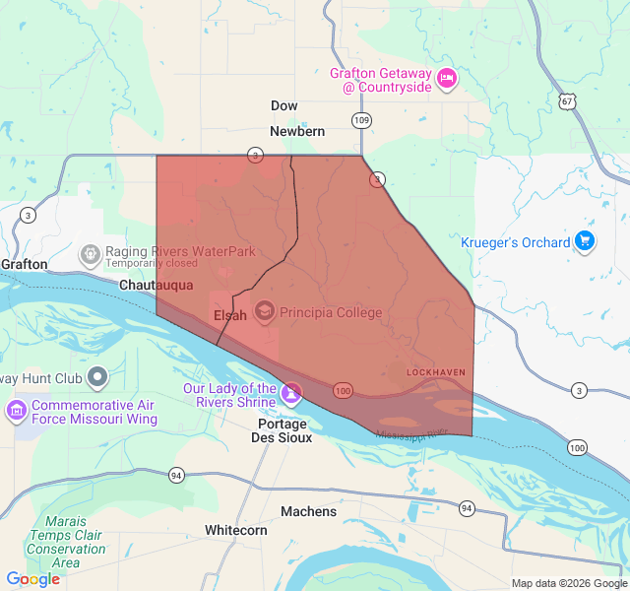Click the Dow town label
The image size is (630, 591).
click(x=283, y=105)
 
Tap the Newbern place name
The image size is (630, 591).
click(x=297, y=131)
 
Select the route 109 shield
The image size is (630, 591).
click(x=361, y=120)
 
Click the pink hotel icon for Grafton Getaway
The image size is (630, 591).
click(x=447, y=78)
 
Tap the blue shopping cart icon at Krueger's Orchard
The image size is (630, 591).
click(x=585, y=241)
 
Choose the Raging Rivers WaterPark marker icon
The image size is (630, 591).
click(x=91, y=255)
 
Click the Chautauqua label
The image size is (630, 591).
click(x=156, y=285)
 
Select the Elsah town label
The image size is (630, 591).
click(x=230, y=315)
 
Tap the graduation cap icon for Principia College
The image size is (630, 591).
click(x=265, y=312)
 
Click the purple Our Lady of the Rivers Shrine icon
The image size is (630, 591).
click(x=290, y=394)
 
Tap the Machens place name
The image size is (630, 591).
click(x=308, y=511)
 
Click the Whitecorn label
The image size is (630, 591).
click(x=235, y=530)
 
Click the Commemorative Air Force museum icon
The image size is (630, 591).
click(x=17, y=409)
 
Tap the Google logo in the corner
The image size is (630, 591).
click(x=33, y=579)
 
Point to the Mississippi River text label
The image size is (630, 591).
click(x=410, y=433)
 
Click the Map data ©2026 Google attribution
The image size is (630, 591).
click(x=568, y=583)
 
